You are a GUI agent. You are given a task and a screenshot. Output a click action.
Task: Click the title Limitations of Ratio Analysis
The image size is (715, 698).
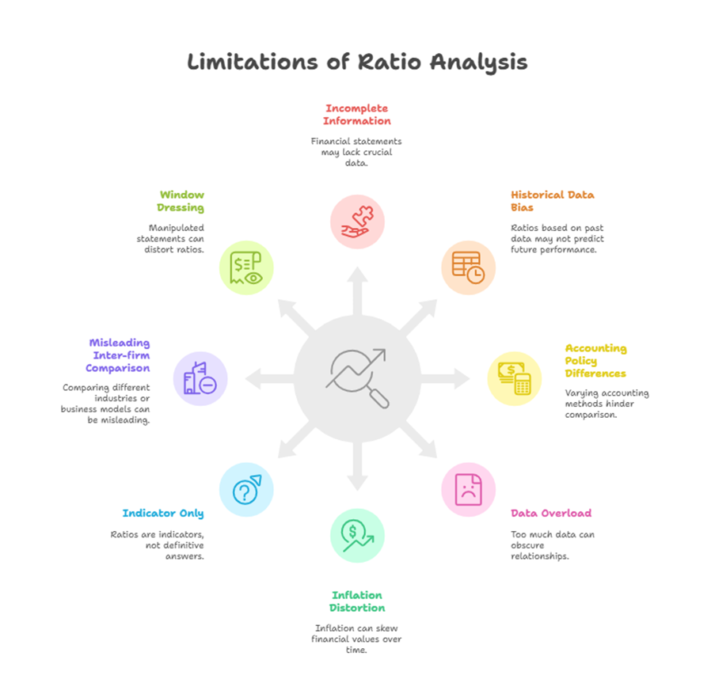pos(357,63)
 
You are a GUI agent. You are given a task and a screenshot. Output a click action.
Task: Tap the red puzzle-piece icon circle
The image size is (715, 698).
pos(357,222)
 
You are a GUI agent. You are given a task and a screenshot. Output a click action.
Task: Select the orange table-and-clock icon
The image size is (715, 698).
pos(468,267)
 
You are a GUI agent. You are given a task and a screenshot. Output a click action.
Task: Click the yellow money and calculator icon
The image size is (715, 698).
pos(514,378)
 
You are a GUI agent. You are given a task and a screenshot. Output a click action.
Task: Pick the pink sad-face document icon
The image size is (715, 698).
pos(468,490)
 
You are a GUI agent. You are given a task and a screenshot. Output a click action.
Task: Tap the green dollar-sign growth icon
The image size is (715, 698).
pos(357,535)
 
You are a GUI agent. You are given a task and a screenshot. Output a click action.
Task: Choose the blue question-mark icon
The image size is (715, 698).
pos(246,490)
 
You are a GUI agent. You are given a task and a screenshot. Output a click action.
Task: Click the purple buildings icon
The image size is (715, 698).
pos(200,378)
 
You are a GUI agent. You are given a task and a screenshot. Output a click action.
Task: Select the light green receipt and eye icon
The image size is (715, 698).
pos(246,267)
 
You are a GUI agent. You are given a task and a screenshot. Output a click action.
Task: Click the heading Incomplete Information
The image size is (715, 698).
pos(358,115)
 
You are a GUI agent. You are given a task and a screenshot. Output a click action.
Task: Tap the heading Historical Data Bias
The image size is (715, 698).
pos(552,201)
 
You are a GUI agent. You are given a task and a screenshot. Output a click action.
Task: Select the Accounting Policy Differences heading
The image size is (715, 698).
pos(595,360)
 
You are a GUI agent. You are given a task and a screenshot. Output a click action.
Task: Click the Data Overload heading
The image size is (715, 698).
pos(550,513)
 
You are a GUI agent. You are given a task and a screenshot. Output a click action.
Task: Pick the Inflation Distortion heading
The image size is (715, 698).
pos(357,601)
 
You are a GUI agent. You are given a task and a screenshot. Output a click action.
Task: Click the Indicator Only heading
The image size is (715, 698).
pos(162,513)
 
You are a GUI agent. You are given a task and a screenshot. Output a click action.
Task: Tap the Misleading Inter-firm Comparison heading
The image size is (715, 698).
pos(119,355)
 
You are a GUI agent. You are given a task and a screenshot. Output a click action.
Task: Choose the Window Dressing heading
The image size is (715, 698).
pos(181,201)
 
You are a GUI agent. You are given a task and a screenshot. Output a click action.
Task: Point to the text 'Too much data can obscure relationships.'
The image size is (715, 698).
pos(552,545)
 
